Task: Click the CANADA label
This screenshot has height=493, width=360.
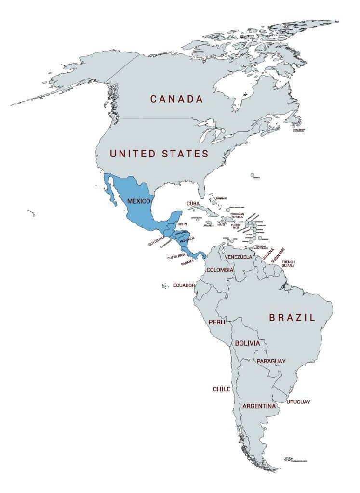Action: coord(176,99)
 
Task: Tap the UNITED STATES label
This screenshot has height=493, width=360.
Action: coord(159,154)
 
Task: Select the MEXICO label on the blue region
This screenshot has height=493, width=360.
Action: coord(139,200)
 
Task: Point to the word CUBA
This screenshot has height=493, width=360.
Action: coord(193,204)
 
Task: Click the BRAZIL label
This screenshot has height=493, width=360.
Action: coord(292,318)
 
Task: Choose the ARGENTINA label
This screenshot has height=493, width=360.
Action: coord(259,406)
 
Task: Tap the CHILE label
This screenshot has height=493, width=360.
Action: coord(222,389)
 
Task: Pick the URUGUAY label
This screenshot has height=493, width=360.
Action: coord(298,402)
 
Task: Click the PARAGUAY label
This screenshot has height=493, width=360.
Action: coord(271,361)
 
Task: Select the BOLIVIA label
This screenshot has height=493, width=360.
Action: coord(247,343)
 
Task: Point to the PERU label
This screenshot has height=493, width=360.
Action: coord(216,322)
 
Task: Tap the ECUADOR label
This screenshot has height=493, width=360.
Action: coord(184,285)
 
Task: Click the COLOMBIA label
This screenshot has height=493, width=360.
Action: coord(220,270)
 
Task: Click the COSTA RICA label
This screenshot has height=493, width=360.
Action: coord(176,258)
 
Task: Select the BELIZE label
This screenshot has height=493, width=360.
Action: coord(183,224)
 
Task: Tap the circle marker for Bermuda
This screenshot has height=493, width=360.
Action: coord(252,175)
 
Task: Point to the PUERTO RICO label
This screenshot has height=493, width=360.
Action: coord(237,226)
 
